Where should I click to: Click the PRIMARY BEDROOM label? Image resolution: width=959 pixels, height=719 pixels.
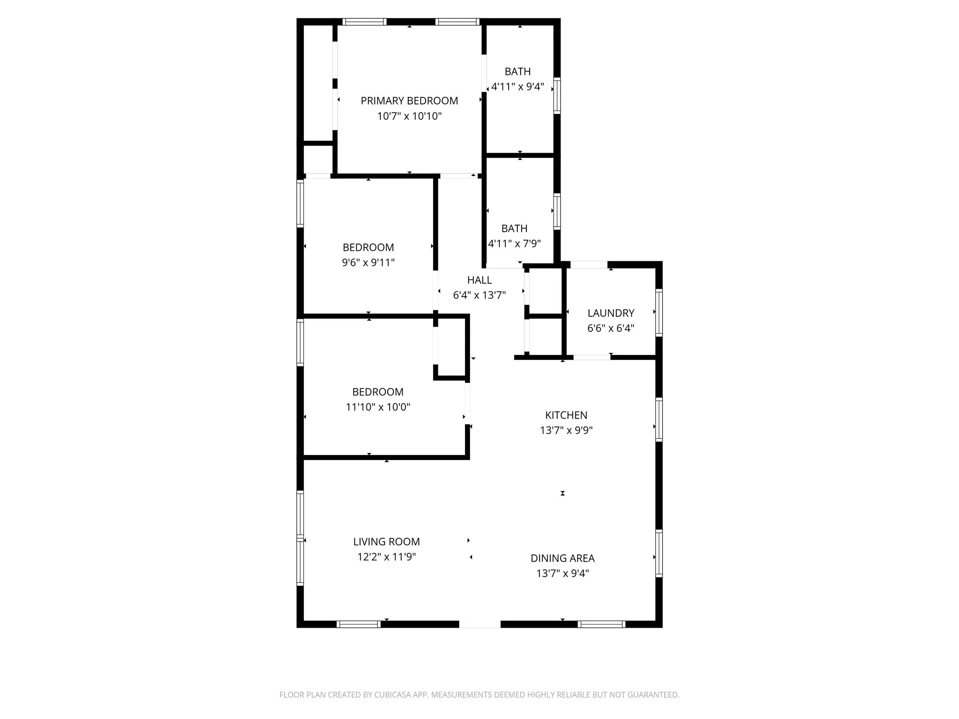point(409,101)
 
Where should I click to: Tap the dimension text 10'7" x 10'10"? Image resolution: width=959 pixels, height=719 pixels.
point(409,116)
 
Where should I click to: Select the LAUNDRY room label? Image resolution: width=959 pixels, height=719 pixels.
point(611,313)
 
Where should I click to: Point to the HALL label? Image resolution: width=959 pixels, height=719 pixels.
point(479,280)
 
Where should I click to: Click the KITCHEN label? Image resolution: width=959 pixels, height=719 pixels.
point(566,415)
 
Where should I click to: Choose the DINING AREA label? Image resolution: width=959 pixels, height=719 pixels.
point(562,558)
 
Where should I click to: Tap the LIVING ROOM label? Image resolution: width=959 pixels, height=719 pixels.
point(386,542)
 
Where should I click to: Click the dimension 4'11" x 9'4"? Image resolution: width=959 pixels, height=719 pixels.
point(517,87)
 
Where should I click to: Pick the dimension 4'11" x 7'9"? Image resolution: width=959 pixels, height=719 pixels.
point(514,243)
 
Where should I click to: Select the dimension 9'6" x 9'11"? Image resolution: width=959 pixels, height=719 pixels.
point(368,262)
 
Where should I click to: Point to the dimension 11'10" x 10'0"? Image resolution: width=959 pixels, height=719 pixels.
point(378,407)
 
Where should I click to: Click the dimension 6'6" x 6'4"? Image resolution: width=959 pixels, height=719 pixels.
point(611,328)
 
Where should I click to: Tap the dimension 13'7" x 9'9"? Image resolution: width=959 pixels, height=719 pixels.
point(566,430)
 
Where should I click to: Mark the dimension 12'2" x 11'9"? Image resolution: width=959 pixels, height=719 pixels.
point(386,557)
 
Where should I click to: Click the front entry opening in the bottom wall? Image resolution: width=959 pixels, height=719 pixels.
point(479,624)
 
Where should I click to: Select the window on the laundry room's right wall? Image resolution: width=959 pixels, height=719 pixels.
point(659,313)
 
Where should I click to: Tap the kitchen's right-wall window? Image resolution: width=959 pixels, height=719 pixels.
point(659,419)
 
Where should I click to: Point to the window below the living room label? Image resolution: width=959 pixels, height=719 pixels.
point(359,624)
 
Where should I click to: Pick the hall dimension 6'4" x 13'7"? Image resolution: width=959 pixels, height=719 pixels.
point(479,295)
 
